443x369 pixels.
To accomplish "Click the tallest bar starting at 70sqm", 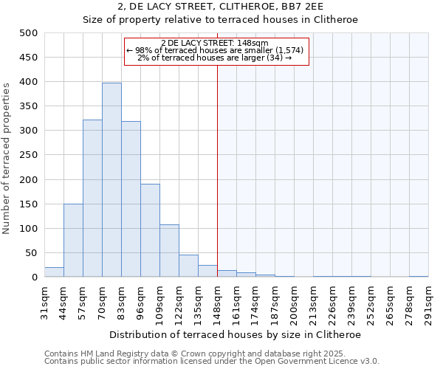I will pyautogui.click(x=111, y=180).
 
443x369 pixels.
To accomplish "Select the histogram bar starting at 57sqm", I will pyautogui.click(x=92, y=199).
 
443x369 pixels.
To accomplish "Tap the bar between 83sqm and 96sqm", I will pyautogui.click(x=131, y=199).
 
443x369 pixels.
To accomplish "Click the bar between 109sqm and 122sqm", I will pyautogui.click(x=169, y=251).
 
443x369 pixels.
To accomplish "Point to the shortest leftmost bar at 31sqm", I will pyautogui.click(x=54, y=272).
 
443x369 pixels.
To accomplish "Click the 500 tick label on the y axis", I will pyautogui.click(x=29, y=33).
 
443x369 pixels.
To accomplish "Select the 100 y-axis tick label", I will pyautogui.click(x=29, y=229).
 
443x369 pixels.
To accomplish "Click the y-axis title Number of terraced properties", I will pyautogui.click(x=7, y=158).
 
